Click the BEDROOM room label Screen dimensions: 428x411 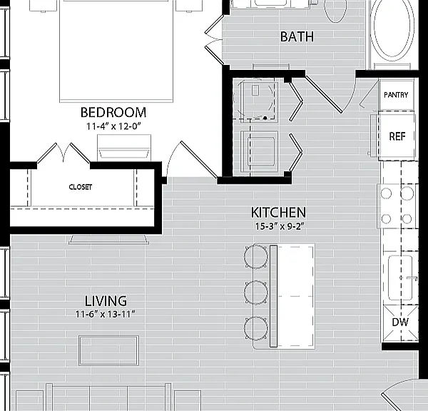[113, 112]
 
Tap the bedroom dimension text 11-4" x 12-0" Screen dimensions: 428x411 [113, 126]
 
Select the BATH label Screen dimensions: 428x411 [297, 37]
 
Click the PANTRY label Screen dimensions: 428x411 [396, 95]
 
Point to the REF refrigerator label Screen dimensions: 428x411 [397, 136]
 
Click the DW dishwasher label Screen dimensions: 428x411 [400, 323]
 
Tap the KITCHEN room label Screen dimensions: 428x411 [278, 213]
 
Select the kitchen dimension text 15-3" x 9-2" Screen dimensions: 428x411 [280, 226]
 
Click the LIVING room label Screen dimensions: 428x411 [106, 301]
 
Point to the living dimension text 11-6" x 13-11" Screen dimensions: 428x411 [106, 315]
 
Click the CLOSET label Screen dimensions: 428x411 [80, 187]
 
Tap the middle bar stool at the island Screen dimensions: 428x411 [256, 293]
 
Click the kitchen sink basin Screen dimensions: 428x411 [400, 278]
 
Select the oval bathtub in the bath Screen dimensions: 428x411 [393, 27]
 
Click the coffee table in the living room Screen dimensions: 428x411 [108, 350]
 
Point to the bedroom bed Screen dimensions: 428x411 [116, 51]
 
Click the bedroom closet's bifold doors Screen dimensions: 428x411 [63, 153]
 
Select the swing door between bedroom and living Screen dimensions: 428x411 [193, 160]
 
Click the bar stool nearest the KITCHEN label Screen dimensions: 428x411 [256, 257]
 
